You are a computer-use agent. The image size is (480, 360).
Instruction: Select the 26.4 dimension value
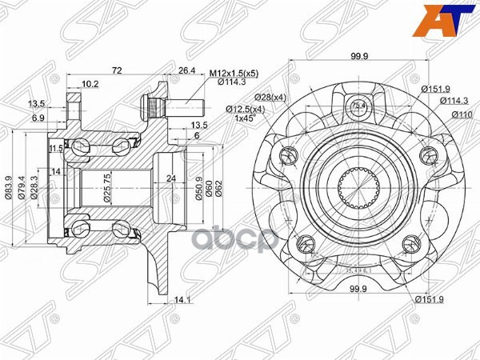click(186, 70)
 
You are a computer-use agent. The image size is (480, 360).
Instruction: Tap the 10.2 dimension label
click(90, 82)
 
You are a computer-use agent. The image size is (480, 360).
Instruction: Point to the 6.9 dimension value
click(38, 118)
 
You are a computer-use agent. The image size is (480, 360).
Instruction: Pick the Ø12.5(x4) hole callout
click(243, 108)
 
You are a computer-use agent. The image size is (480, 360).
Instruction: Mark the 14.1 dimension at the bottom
click(183, 301)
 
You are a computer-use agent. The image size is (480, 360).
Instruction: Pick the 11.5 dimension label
click(54, 148)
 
